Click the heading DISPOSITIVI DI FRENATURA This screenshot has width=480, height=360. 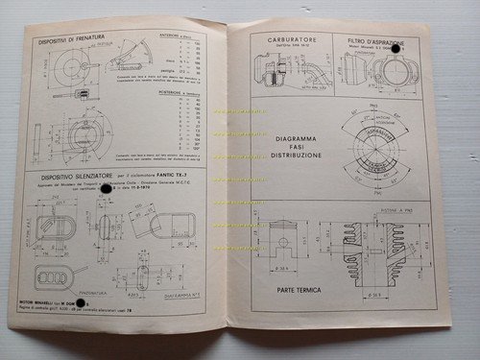coord(80,38)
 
